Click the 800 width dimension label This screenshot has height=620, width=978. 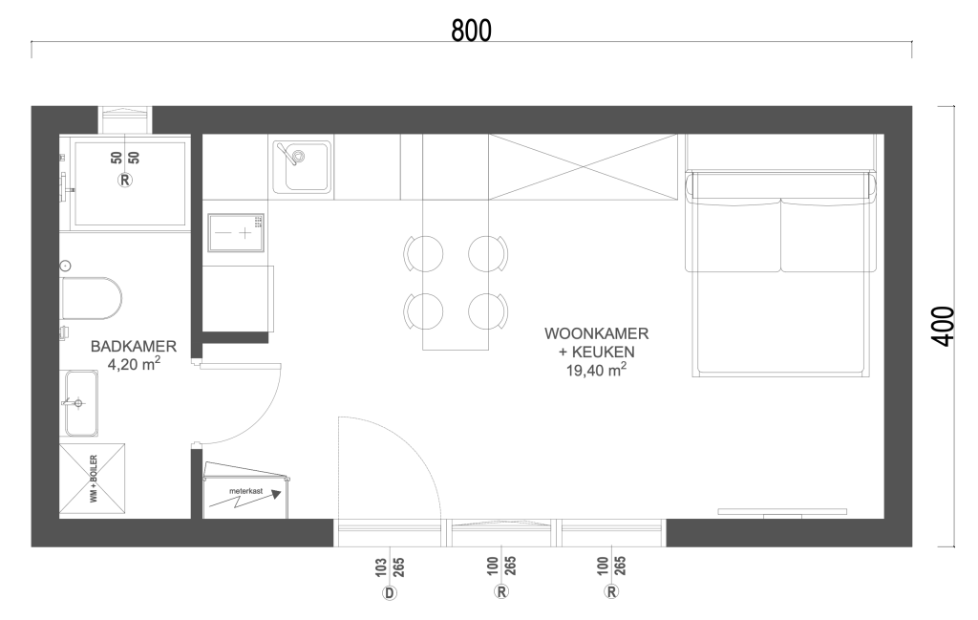(471, 30)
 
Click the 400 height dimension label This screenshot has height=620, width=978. (943, 326)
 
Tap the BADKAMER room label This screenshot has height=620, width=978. (134, 346)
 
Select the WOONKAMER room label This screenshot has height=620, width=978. (596, 333)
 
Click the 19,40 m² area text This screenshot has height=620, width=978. (596, 370)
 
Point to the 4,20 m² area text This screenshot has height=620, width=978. (134, 364)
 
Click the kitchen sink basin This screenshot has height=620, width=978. (302, 166)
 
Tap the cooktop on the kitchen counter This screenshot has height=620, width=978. (236, 233)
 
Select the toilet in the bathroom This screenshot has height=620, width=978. (91, 298)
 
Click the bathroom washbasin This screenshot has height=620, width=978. (79, 403)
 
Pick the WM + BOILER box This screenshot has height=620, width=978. (93, 481)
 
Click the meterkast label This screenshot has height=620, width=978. (245, 491)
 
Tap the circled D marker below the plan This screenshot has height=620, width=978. (390, 592)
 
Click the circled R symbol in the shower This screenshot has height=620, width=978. (125, 181)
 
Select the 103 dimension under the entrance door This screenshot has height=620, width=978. (381, 567)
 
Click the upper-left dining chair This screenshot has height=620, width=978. (423, 254)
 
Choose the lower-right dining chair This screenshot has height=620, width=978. (488, 311)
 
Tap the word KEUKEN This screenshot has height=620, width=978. (606, 352)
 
